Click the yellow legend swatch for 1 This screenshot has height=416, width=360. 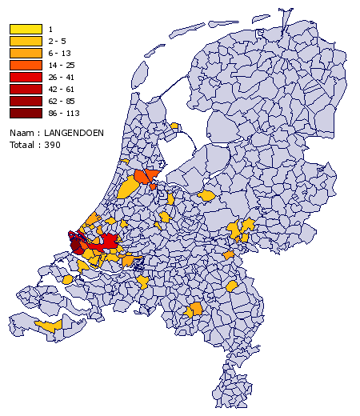coord(25,30)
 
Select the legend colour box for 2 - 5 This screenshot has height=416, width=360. coord(25,40)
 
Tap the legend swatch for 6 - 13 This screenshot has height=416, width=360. coord(25,51)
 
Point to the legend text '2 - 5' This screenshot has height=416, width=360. coord(58,41)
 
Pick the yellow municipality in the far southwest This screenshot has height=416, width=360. coord(50,326)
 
